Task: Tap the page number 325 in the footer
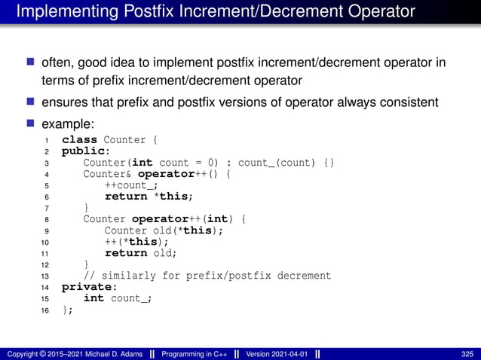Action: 467,354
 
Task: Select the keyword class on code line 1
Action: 79,139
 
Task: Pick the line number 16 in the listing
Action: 46,310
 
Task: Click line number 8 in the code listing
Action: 47,219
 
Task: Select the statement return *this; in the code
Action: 149,197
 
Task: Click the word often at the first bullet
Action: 56,63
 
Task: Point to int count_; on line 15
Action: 118,298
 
